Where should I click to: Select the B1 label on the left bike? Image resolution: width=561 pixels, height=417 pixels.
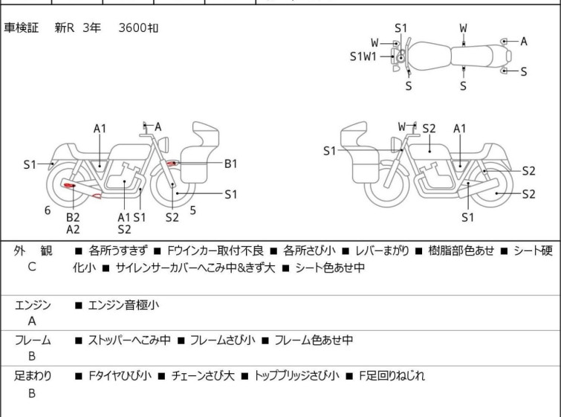[231, 164]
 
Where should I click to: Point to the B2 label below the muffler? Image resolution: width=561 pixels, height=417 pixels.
[73, 217]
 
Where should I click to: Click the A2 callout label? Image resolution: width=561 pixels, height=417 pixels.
[73, 230]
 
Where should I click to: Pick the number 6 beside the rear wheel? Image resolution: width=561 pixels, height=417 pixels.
[48, 210]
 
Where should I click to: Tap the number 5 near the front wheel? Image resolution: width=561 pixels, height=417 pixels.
[193, 210]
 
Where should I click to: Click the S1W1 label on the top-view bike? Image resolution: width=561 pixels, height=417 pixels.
[363, 56]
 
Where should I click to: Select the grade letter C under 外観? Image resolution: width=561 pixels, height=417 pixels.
[32, 267]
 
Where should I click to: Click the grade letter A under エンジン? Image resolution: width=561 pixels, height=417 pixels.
[32, 321]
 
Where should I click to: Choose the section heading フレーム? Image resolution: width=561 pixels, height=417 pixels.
[33, 340]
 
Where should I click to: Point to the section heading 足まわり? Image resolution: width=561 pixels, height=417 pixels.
[33, 376]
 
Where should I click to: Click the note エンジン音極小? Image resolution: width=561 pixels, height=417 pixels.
[123, 305]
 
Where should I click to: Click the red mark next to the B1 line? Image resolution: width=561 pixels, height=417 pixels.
[173, 163]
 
